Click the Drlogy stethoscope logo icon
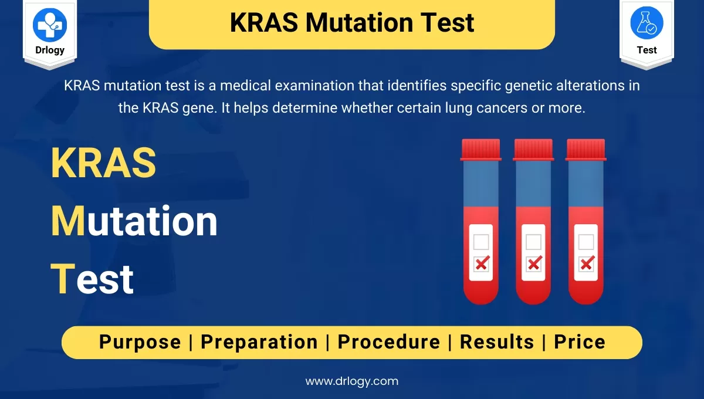point(50,25)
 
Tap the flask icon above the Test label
point(647,23)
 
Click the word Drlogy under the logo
point(50,50)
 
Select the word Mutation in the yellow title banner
point(359,23)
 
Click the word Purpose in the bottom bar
point(140,343)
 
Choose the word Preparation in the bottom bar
point(259,343)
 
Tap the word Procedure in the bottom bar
point(389,341)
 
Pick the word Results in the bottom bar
point(497,341)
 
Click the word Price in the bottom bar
point(580,341)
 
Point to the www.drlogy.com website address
point(351,381)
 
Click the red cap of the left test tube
point(481,150)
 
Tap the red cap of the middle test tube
point(533,150)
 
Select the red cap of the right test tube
point(586,150)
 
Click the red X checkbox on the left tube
point(482,263)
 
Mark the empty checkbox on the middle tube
point(533,242)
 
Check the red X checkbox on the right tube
point(587,263)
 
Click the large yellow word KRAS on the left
point(103,163)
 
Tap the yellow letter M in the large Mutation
point(67,221)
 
